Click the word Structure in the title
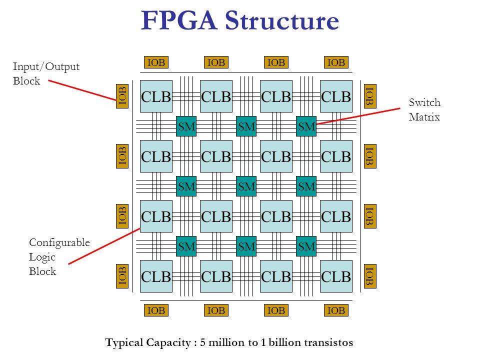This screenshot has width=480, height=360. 280,21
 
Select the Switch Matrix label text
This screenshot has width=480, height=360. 423,110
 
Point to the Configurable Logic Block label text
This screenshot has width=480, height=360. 59,256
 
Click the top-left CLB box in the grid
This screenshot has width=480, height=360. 155,95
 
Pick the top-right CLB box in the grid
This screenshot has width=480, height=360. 335,95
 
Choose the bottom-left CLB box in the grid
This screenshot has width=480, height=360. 155,275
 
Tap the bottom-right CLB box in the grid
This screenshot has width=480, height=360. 335,275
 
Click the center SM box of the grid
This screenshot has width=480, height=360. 245,185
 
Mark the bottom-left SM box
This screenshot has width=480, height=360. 185,245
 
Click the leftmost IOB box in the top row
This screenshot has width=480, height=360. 155,62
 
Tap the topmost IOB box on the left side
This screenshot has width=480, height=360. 122,95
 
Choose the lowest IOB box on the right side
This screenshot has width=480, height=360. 369,275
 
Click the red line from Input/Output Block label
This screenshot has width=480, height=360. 82,90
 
